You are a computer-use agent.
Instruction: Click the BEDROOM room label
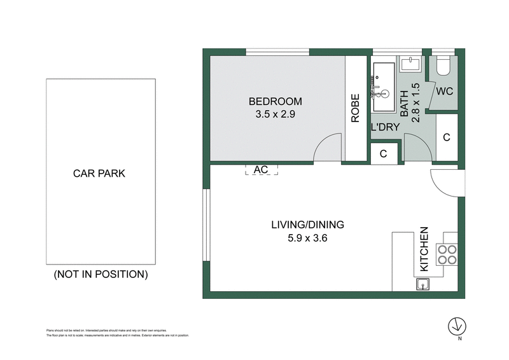(275, 101)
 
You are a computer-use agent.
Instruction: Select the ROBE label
(355, 108)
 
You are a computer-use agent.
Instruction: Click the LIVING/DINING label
(307, 225)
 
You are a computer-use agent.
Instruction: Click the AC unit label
(261, 170)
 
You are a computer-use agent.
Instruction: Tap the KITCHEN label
(424, 249)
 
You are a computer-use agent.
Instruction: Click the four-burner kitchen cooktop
(447, 254)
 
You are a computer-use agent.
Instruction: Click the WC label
(445, 91)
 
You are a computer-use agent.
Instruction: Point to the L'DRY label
(385, 127)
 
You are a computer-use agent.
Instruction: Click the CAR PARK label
(101, 174)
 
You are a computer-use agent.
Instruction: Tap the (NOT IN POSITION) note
(101, 275)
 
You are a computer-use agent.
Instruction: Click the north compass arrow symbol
(456, 326)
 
